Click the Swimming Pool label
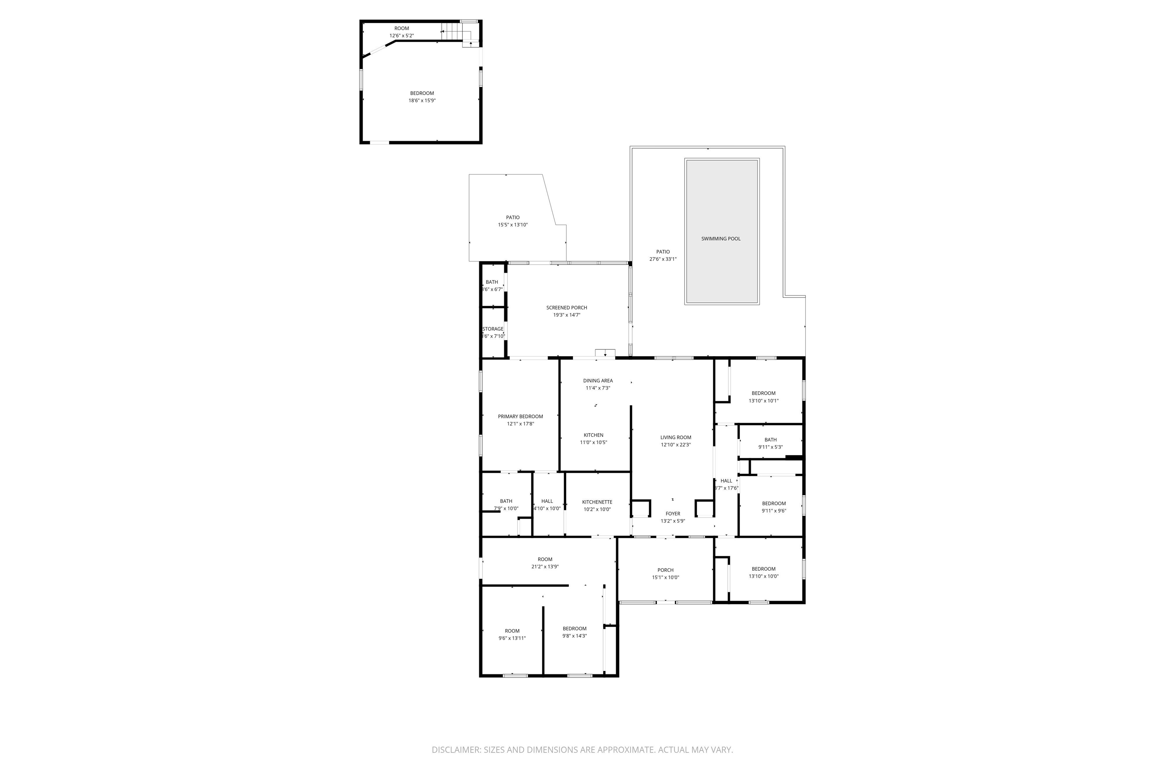pos(721,239)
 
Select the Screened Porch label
pos(567,308)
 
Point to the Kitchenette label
pos(597,502)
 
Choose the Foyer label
pos(673,514)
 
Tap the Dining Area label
pos(598,380)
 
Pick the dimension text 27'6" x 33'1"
pos(663,259)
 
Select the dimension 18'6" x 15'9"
pos(422,101)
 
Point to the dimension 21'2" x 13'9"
pos(545,567)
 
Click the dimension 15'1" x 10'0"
pos(665,577)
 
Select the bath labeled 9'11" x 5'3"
pos(770,440)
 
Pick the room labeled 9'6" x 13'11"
pos(512,631)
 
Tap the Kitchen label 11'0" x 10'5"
pos(593,435)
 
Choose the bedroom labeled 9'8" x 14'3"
pos(575,629)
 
